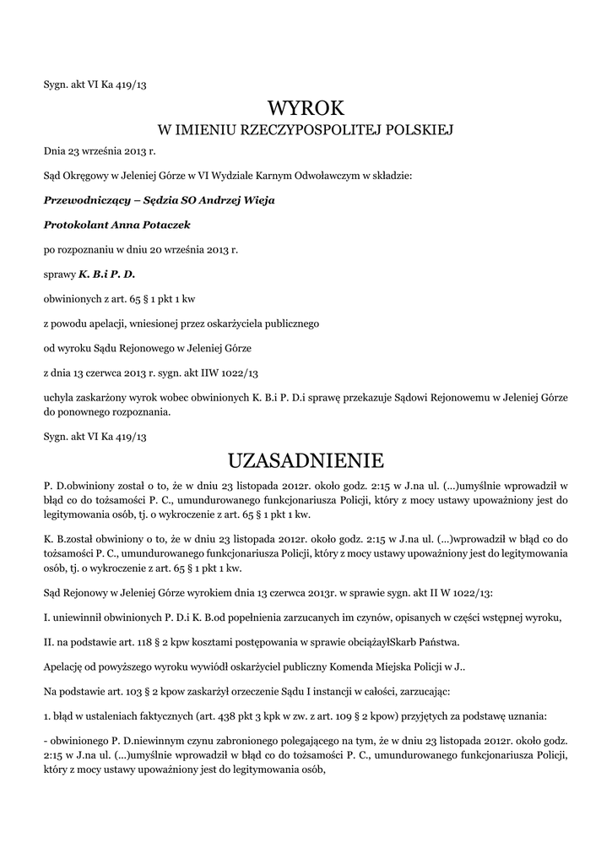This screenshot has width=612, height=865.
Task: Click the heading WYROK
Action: (x=306, y=108)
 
